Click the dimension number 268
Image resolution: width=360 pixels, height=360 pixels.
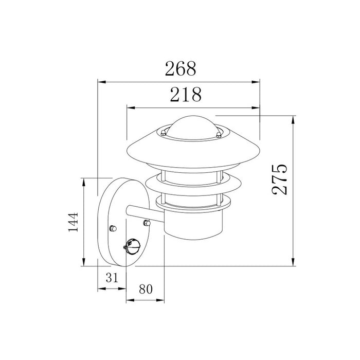pyautogui.click(x=180, y=68)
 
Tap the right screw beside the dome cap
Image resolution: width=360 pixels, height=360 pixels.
pyautogui.click(x=220, y=135)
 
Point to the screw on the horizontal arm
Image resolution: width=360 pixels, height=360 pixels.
pyautogui.click(x=147, y=223)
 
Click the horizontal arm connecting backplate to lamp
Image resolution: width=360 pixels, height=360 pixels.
pyautogui.click(x=147, y=212)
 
